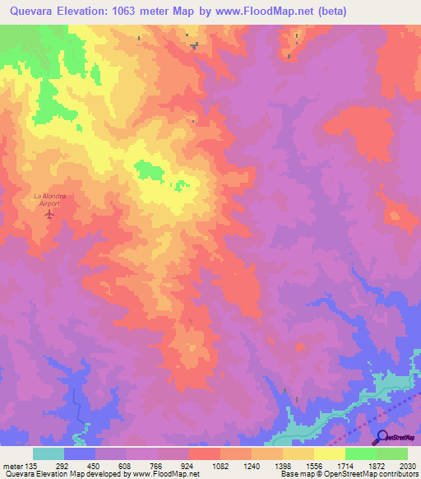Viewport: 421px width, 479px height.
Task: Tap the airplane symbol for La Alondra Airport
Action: click(x=49, y=215)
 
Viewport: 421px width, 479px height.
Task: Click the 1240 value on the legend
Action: click(x=252, y=466)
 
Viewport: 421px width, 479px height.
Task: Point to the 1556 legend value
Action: click(x=314, y=466)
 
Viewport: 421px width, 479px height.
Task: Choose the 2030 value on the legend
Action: click(x=406, y=466)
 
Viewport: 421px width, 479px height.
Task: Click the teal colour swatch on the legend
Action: click(x=49, y=453)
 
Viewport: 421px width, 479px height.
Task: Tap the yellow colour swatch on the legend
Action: click(x=329, y=453)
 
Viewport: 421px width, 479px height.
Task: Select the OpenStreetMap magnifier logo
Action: click(x=382, y=438)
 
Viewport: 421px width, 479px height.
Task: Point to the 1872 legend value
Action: click(x=377, y=466)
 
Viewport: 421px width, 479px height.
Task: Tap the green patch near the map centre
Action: click(x=149, y=170)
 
